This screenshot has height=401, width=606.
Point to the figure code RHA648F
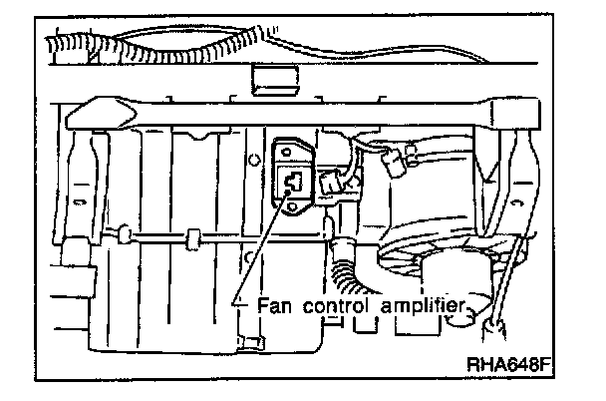(x=509, y=365)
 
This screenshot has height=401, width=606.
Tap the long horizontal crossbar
(x=299, y=112)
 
